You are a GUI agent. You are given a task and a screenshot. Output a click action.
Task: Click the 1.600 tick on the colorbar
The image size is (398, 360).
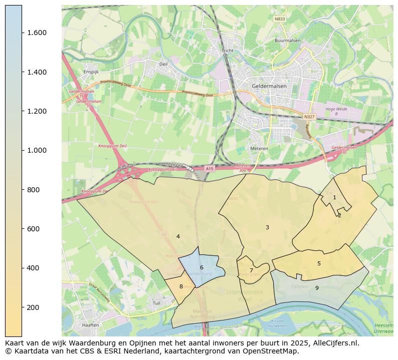(x=37, y=33)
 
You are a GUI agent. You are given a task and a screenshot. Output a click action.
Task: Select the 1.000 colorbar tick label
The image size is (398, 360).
(x=37, y=151)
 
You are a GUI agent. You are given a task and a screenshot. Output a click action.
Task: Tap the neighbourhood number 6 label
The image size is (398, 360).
(x=202, y=268)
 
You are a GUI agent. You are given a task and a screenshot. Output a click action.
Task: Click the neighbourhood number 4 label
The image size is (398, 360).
(x=178, y=236)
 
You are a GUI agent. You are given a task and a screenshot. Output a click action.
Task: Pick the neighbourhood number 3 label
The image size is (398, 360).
(x=267, y=228)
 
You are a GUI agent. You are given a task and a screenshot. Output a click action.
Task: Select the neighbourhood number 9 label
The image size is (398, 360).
(x=317, y=288)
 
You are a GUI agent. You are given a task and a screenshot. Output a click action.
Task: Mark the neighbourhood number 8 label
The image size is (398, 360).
(x=181, y=287)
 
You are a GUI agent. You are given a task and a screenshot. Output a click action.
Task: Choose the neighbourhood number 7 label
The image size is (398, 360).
(x=251, y=271)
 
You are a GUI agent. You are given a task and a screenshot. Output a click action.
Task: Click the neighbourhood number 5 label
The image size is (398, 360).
(x=319, y=264)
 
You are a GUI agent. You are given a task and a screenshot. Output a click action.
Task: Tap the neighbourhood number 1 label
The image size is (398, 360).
(x=334, y=198)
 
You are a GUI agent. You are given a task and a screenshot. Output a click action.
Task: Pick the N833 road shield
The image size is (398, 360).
(x=279, y=19)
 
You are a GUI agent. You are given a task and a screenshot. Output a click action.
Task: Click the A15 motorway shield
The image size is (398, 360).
(x=210, y=169)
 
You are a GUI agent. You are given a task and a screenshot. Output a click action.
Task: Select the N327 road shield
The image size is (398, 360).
(x=309, y=117)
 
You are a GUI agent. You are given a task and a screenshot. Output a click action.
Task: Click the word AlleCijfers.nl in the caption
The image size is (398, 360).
(x=333, y=343)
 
